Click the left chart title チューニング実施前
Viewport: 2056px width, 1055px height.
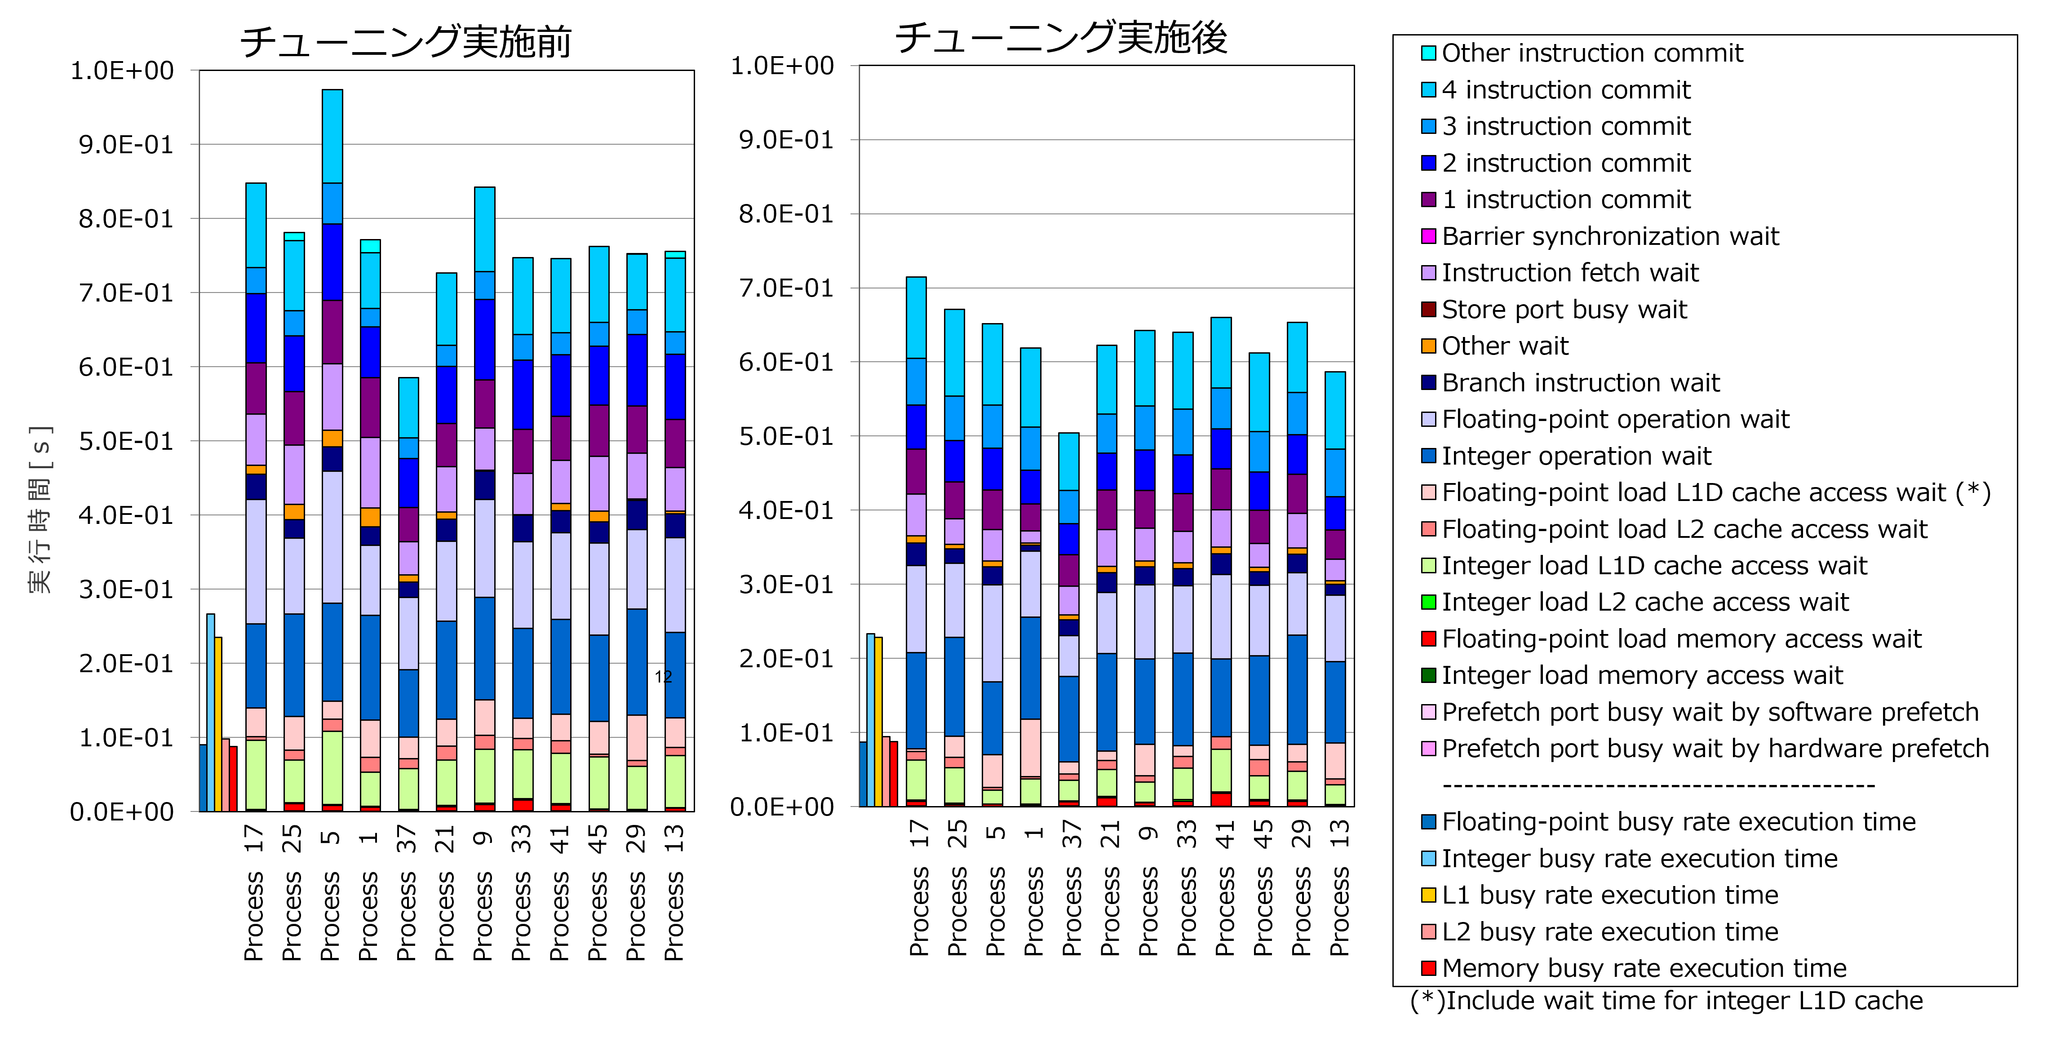pos(405,41)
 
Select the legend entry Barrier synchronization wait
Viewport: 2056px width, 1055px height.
pos(1600,236)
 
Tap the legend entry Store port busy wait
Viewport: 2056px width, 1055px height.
pos(1554,310)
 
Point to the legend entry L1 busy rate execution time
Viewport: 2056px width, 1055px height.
pos(1600,895)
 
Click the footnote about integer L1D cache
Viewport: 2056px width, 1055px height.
pos(1666,1001)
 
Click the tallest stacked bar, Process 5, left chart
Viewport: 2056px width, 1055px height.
pos(332,451)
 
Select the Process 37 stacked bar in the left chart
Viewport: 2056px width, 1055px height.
pos(409,594)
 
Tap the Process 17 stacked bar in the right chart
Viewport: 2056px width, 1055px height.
pos(916,542)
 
